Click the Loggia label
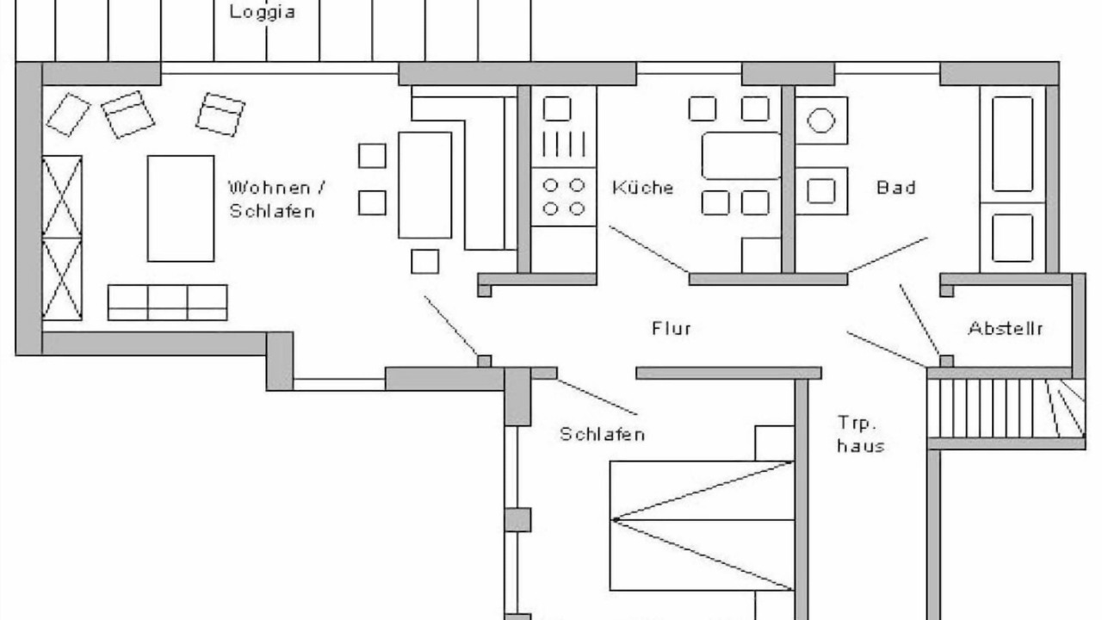coord(263,12)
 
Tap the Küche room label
coord(642,188)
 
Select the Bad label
coord(896,188)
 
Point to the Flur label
coord(672,328)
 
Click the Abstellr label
coord(1006,328)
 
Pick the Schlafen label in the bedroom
coord(602,434)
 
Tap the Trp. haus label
coord(860,434)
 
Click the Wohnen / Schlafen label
coord(276,199)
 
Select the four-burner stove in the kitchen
coord(564,197)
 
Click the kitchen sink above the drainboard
coord(557,108)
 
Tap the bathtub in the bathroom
coord(1012,144)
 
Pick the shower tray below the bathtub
coord(1012,238)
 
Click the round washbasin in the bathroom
coord(821,121)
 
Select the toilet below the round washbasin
coord(821,191)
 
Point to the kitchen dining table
coord(741,156)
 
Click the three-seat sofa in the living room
coord(167,302)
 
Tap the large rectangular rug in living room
coord(181,208)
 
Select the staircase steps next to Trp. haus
coord(1006,408)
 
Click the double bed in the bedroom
coord(702,525)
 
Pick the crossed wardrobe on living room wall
coord(62,239)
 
